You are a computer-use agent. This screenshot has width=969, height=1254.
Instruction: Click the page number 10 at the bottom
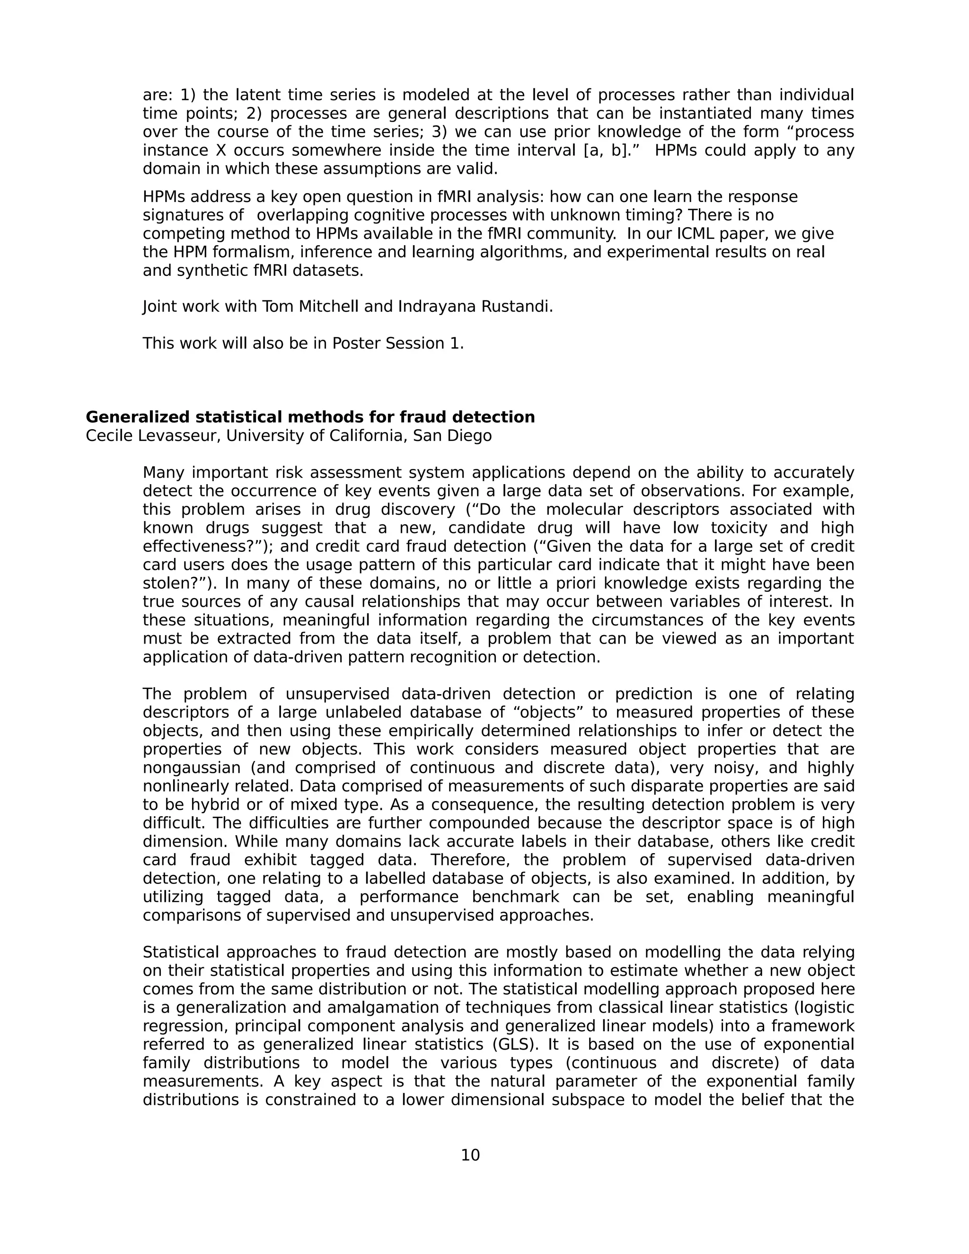point(470,1155)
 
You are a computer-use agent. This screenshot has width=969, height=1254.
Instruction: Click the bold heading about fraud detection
point(310,417)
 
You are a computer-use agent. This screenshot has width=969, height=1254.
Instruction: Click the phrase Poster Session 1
point(397,344)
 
